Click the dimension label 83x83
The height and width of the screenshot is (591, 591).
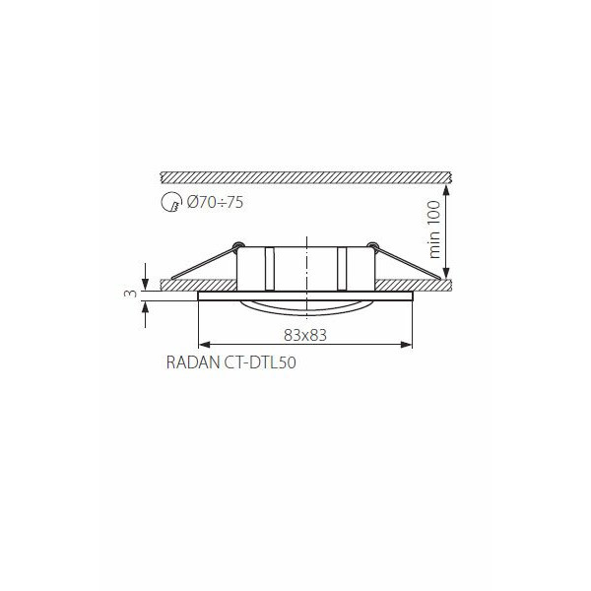tap(305, 335)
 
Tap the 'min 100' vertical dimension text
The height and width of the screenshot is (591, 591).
tap(434, 230)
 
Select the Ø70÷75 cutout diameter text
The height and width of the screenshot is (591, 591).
tap(215, 202)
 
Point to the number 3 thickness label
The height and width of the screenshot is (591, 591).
tap(130, 293)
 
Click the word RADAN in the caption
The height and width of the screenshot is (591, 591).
tap(193, 362)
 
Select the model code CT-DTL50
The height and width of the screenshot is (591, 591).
tap(260, 362)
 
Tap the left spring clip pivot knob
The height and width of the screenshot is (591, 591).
tap(238, 245)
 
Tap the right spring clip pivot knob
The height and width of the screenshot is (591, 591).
tap(372, 245)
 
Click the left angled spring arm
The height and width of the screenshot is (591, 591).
tap(204, 263)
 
